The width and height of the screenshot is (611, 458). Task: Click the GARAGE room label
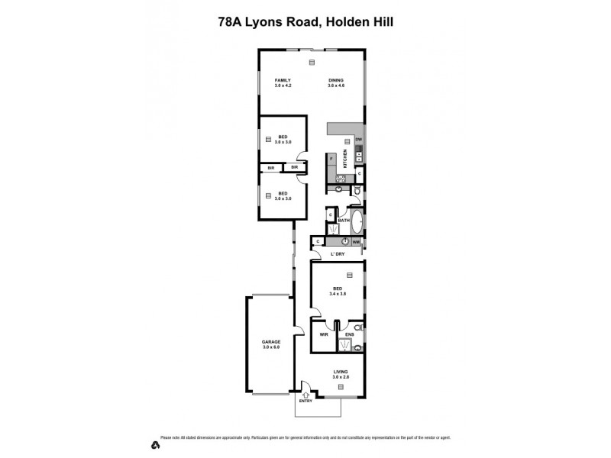[x=271, y=341]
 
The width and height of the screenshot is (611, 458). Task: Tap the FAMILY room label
[x=284, y=80]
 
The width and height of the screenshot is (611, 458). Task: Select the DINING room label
[x=337, y=80]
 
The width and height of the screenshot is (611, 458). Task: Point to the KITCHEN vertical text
[x=345, y=159]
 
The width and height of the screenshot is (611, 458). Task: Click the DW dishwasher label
[x=357, y=139]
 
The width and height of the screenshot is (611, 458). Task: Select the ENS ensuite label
[x=349, y=335]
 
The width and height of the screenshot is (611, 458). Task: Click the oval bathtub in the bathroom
[x=357, y=221]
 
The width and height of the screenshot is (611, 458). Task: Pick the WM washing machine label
[x=356, y=242]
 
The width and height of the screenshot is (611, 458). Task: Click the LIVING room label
[x=340, y=372]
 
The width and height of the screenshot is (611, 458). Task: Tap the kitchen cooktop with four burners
[x=341, y=179]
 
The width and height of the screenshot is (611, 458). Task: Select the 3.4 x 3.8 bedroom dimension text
[x=338, y=292]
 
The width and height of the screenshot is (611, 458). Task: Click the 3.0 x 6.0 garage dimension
[x=271, y=348]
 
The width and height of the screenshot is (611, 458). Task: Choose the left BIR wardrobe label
[x=270, y=167]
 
